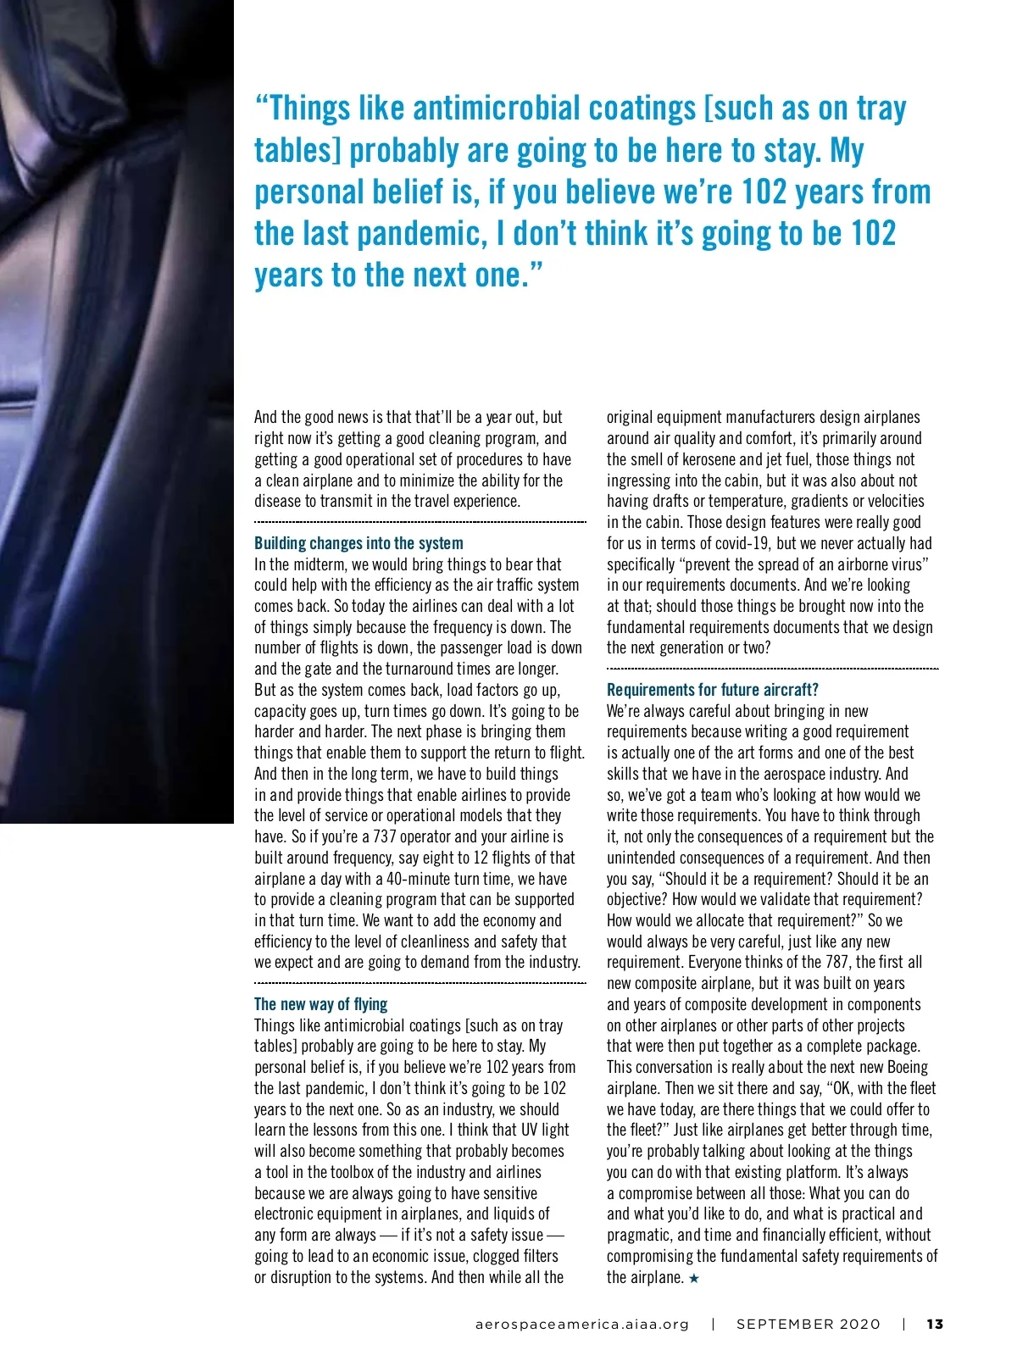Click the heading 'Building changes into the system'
(x=358, y=543)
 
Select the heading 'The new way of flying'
(x=320, y=1004)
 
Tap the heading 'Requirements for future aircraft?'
(x=712, y=690)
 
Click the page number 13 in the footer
(x=935, y=1324)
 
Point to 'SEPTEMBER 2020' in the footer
(x=808, y=1324)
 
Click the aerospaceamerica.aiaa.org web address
(x=582, y=1324)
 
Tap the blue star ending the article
(x=694, y=1278)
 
